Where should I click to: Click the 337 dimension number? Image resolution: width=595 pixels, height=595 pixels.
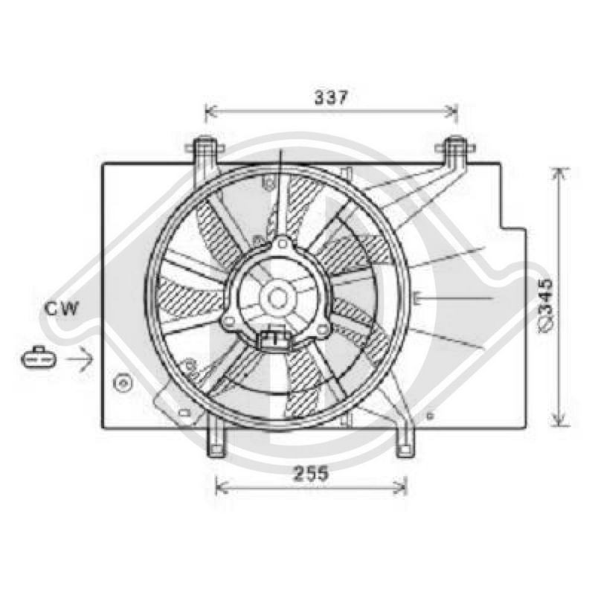(331, 98)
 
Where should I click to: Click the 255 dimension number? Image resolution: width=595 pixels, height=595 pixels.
(311, 474)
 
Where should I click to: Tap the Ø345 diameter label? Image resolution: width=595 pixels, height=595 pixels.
(547, 306)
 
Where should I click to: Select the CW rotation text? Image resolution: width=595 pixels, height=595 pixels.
(62, 308)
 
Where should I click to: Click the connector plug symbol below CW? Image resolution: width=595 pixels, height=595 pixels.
(39, 357)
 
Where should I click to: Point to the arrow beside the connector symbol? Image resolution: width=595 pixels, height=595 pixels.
(80, 358)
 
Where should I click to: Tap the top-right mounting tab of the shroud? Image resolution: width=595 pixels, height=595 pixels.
(456, 151)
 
